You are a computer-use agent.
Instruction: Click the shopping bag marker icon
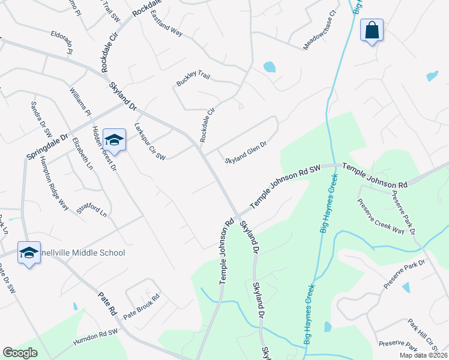372,30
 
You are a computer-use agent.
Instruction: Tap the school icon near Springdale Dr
114,140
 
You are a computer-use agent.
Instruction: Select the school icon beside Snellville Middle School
28,253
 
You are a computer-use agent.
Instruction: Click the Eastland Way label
166,23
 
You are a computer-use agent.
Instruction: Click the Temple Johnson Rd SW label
286,185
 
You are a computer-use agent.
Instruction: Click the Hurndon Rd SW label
96,336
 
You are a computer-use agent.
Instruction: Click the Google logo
20,353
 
